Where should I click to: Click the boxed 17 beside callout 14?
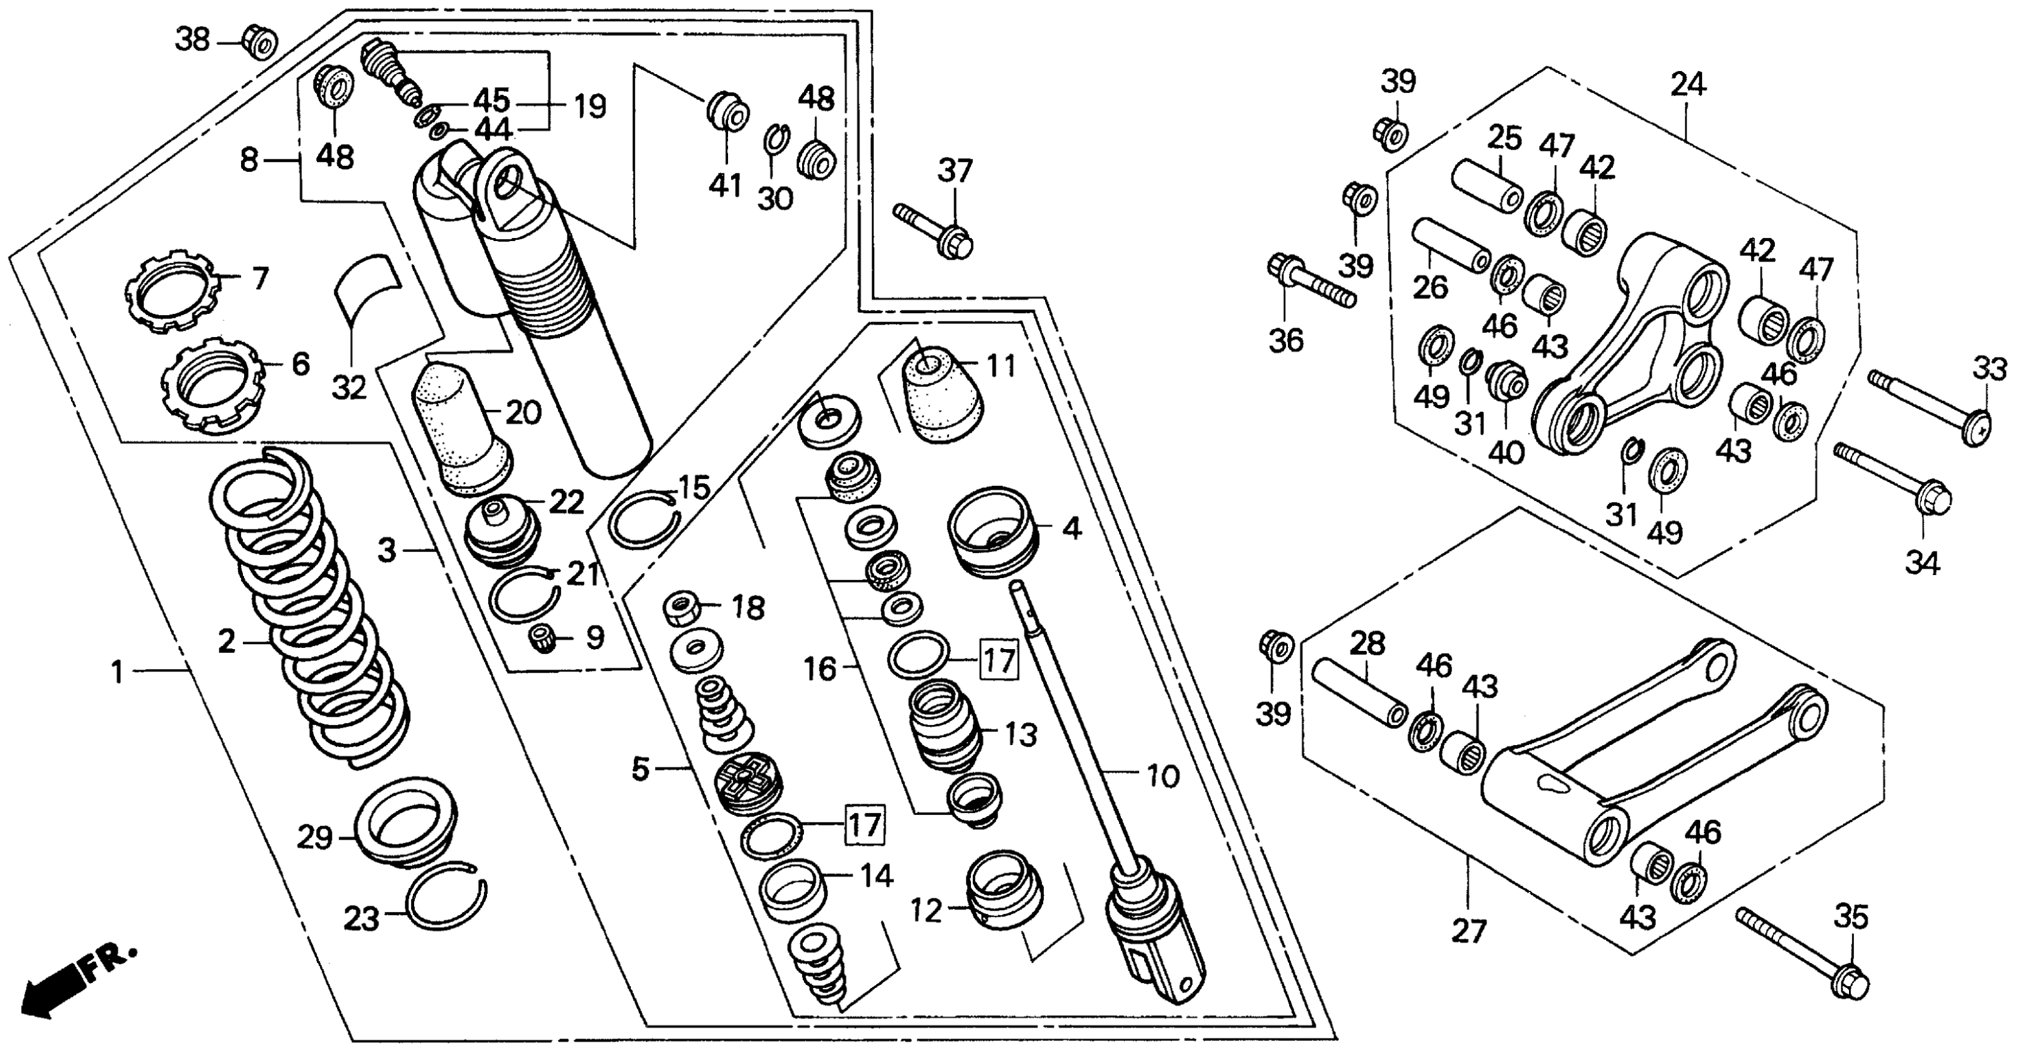tap(864, 824)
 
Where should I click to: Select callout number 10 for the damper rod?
tap(1163, 776)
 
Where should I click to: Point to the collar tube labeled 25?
tap(1487, 185)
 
